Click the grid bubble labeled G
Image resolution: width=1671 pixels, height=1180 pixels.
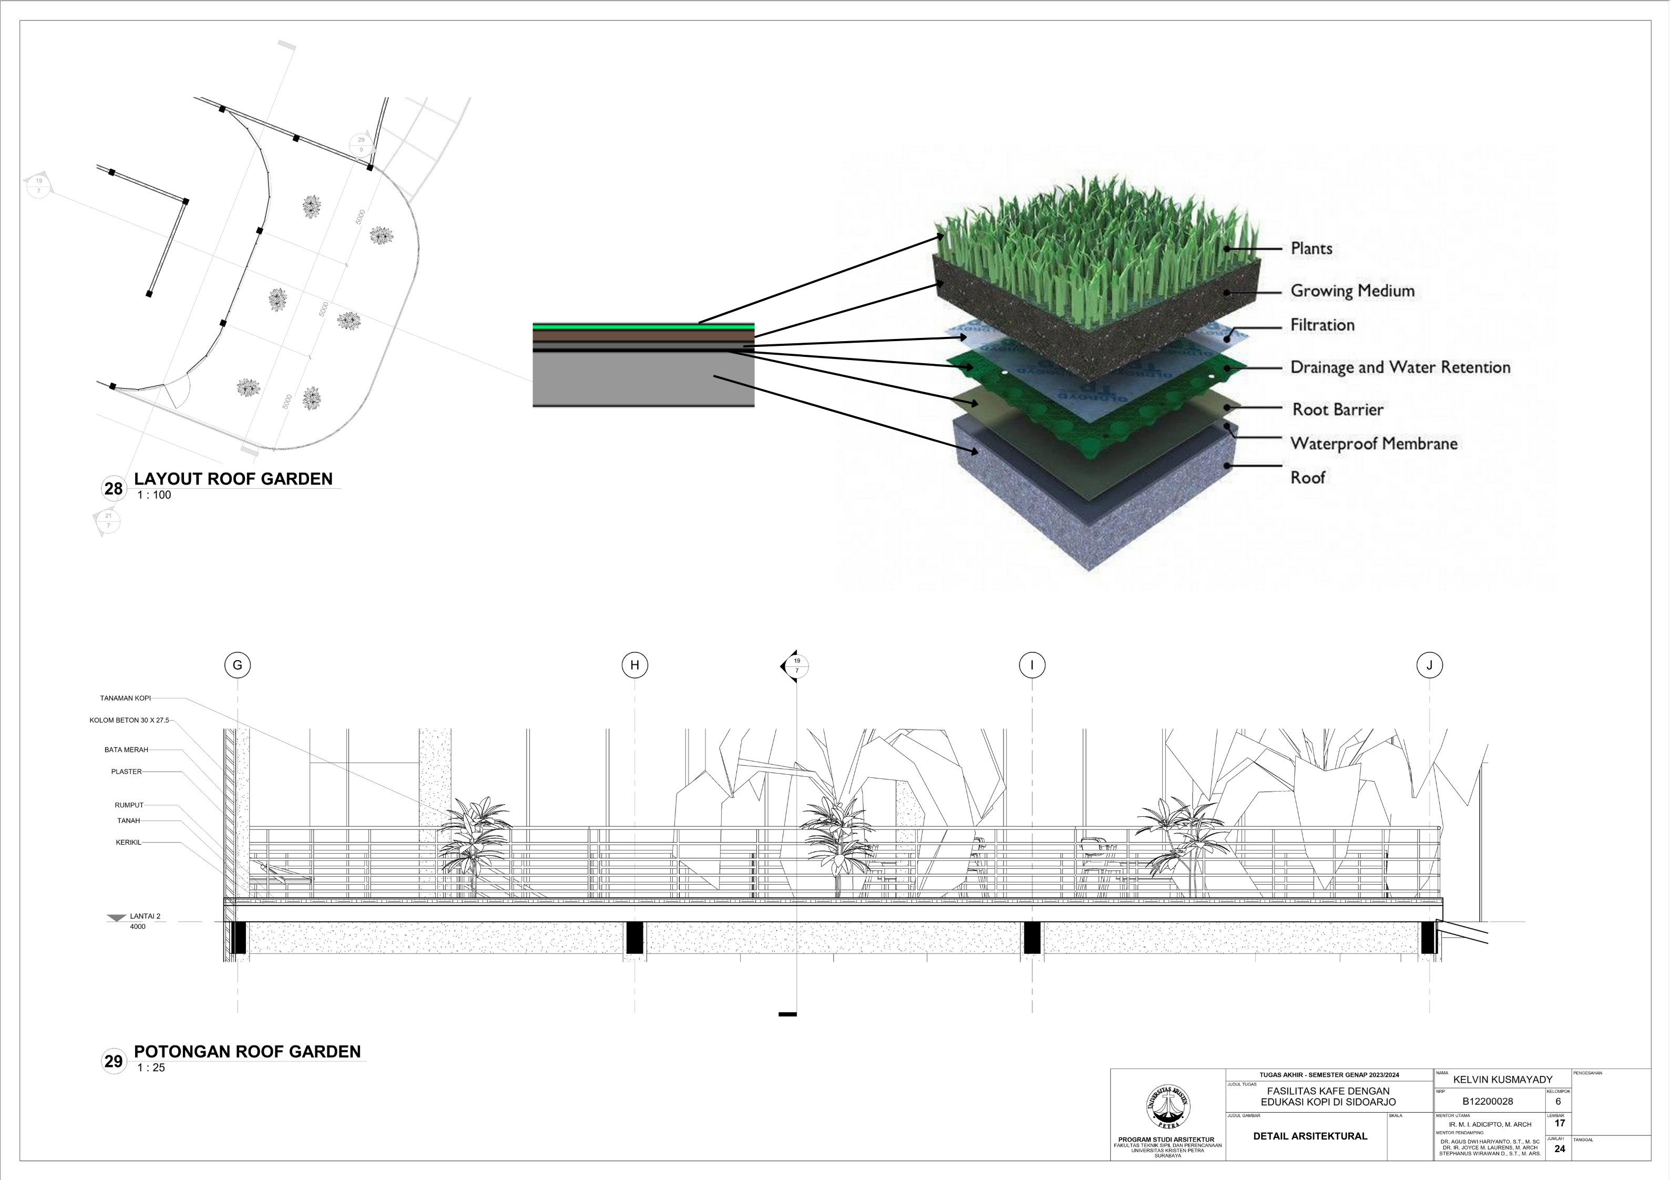(237, 664)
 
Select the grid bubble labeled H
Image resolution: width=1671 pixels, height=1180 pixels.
(634, 664)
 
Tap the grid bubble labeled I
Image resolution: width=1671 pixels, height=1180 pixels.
(1031, 664)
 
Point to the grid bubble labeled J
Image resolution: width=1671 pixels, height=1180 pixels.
(1429, 664)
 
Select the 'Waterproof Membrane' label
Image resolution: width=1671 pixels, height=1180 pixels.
(1373, 443)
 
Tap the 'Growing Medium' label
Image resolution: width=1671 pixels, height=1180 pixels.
(1352, 291)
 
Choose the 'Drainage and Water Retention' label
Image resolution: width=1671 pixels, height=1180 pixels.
(1400, 367)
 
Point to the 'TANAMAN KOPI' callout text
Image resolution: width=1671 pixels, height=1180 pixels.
(125, 698)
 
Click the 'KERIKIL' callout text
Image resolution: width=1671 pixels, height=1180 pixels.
(128, 842)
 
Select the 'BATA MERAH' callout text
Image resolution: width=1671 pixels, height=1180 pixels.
(126, 750)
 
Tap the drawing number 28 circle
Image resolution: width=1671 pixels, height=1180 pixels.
(114, 488)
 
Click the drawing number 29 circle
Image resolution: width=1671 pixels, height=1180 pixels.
(114, 1061)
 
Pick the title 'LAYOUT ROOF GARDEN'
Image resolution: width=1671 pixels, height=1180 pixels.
(233, 479)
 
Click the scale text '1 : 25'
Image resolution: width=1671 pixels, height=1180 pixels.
(151, 1068)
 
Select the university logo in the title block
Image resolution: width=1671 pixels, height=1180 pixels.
(1167, 1107)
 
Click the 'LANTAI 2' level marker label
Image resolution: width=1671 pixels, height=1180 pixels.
(145, 917)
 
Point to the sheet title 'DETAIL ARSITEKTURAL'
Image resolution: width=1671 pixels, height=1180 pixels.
(1310, 1136)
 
